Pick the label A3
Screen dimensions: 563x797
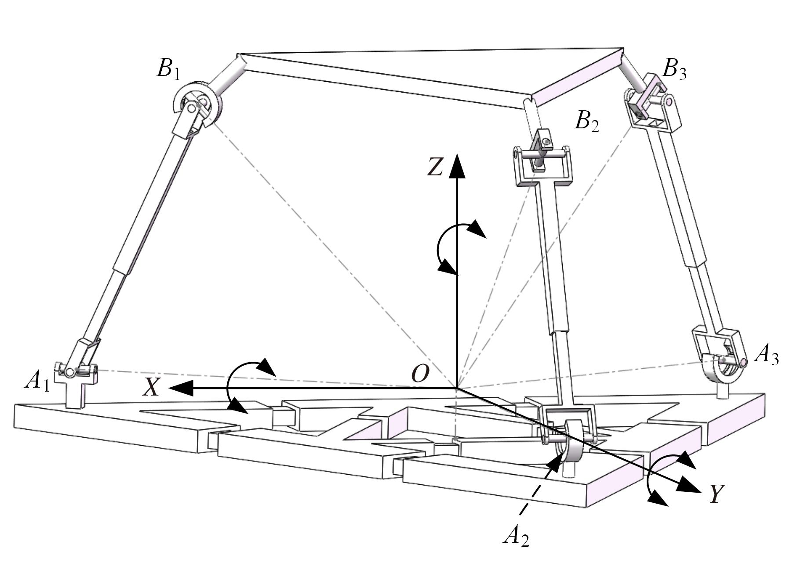click(x=766, y=356)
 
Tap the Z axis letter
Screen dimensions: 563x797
click(x=435, y=167)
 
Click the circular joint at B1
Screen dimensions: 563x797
click(x=197, y=104)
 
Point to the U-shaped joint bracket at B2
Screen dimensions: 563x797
click(x=543, y=167)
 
